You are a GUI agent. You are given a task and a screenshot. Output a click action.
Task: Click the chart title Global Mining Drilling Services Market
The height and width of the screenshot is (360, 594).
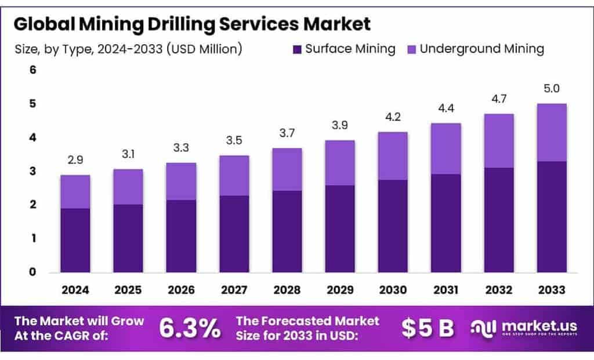pos(192,24)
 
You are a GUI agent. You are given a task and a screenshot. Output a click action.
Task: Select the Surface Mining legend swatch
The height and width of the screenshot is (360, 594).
pos(297,49)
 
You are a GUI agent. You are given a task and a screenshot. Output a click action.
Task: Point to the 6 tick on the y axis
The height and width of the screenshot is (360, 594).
pos(33,70)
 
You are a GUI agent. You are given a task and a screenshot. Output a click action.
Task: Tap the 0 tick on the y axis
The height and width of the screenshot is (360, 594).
pos(33,272)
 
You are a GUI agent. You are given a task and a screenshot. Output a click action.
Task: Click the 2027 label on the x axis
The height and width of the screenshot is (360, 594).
pos(234,290)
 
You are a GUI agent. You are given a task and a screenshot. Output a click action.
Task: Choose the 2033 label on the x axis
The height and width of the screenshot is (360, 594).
pos(551,290)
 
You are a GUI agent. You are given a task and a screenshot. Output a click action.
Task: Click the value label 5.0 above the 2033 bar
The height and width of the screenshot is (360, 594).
pos(551,89)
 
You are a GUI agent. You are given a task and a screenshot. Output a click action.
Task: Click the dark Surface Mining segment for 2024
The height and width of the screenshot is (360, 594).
pos(75,240)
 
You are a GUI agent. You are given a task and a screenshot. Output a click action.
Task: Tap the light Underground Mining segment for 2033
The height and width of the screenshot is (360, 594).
pos(551,132)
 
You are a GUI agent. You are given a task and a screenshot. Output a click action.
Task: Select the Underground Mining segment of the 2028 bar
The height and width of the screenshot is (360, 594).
pos(286,169)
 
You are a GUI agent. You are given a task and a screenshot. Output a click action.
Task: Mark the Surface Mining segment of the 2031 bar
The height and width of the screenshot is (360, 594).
pos(445,223)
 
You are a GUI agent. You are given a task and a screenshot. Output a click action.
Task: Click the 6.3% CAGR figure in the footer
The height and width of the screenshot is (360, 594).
pos(190,328)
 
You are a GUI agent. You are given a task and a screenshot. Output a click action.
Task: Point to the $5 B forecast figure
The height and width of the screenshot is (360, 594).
pos(428,328)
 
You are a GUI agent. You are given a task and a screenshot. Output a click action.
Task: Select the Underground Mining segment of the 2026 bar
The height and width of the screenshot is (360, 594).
pos(180,181)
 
